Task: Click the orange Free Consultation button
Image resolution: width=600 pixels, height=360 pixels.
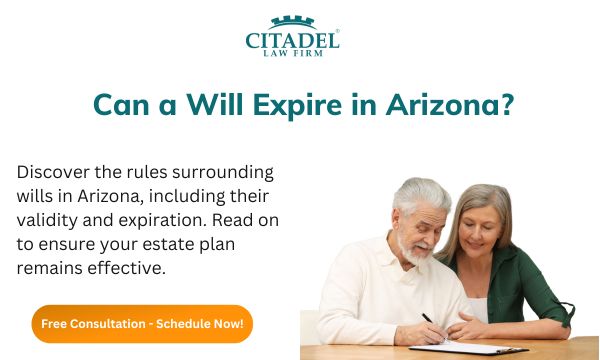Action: click(142, 324)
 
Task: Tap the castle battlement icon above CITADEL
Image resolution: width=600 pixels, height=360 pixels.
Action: click(292, 22)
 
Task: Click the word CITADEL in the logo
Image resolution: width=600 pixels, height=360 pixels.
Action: click(292, 40)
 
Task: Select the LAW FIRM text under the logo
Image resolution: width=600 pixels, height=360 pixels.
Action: click(293, 56)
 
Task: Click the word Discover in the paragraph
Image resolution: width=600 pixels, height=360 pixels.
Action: click(52, 171)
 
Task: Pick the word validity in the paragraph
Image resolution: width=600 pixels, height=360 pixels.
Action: click(48, 219)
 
